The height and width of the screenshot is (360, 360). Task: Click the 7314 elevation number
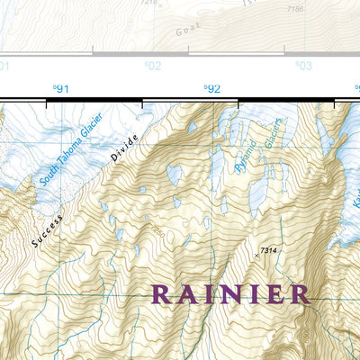click(x=268, y=249)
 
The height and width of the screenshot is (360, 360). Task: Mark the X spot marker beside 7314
click(x=256, y=256)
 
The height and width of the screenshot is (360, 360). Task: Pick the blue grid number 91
click(x=61, y=88)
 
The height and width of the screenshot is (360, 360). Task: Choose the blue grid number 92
click(x=212, y=88)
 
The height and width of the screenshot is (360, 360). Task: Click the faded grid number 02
click(x=153, y=66)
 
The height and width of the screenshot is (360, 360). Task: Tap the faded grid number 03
click(x=304, y=66)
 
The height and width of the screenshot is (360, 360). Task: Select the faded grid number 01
click(x=4, y=66)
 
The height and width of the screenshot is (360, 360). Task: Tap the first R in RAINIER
click(x=162, y=294)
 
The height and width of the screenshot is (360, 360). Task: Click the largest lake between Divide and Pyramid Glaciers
click(x=173, y=175)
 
